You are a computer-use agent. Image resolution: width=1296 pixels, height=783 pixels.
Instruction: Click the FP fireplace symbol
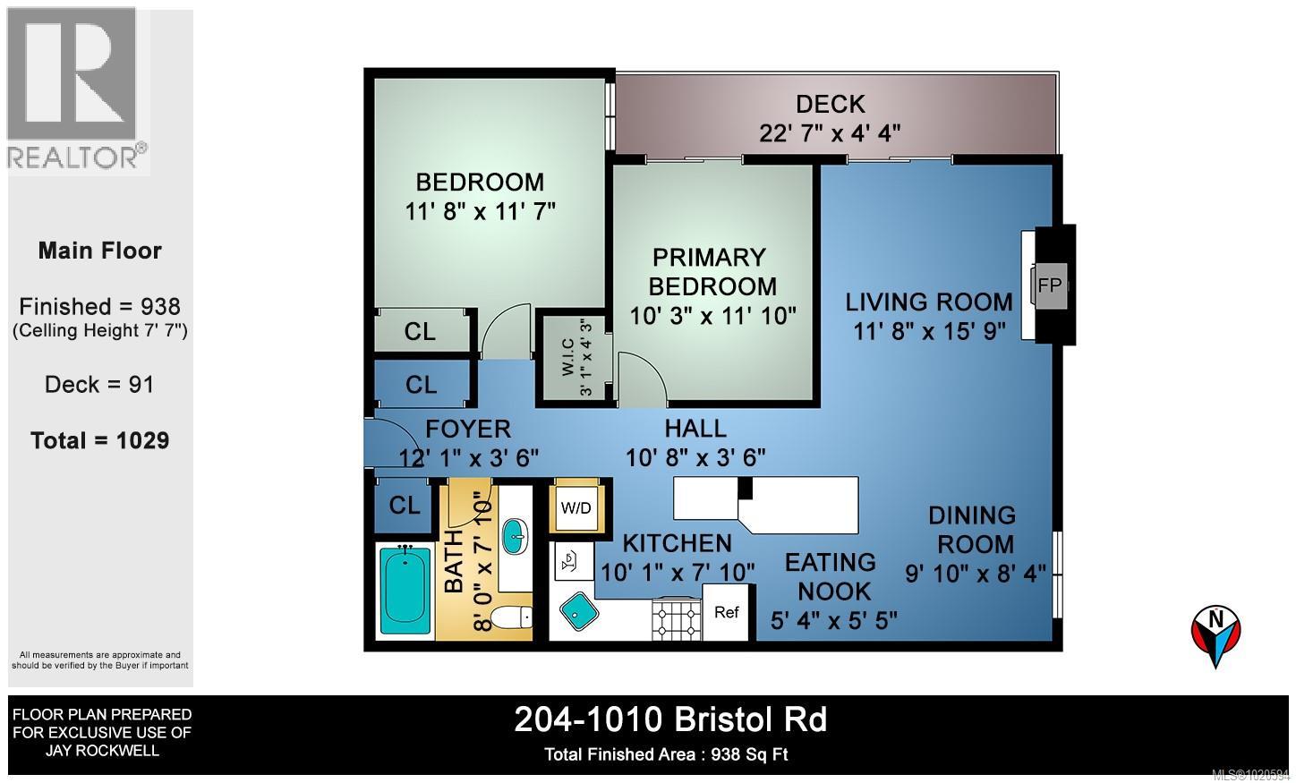[x=1049, y=285]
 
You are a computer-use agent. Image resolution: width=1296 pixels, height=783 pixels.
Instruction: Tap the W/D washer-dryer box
[x=576, y=507]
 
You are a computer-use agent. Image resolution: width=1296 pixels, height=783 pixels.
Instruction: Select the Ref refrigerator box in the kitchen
[x=727, y=612]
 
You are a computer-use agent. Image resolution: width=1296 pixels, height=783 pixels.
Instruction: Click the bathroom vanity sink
[x=515, y=537]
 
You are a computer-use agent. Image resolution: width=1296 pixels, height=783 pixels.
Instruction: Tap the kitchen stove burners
[x=677, y=617]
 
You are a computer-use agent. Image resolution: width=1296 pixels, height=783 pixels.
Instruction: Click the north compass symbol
[x=1215, y=634]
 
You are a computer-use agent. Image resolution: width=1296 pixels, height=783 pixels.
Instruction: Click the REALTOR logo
[x=77, y=89]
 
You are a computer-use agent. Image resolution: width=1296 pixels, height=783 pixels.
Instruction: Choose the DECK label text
[x=830, y=104]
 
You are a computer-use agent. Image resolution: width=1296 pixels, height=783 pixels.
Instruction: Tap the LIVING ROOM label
[x=929, y=302]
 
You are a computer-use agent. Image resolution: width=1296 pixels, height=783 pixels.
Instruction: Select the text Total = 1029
[x=99, y=440]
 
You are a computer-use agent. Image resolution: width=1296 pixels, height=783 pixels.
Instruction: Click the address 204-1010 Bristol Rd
[x=670, y=719]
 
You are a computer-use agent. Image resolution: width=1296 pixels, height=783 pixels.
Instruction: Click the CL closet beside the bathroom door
[x=405, y=505]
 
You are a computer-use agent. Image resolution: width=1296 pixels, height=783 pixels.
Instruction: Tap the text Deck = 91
[x=99, y=385]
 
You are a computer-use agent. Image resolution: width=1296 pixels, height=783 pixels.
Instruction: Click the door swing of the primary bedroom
[x=642, y=379]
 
